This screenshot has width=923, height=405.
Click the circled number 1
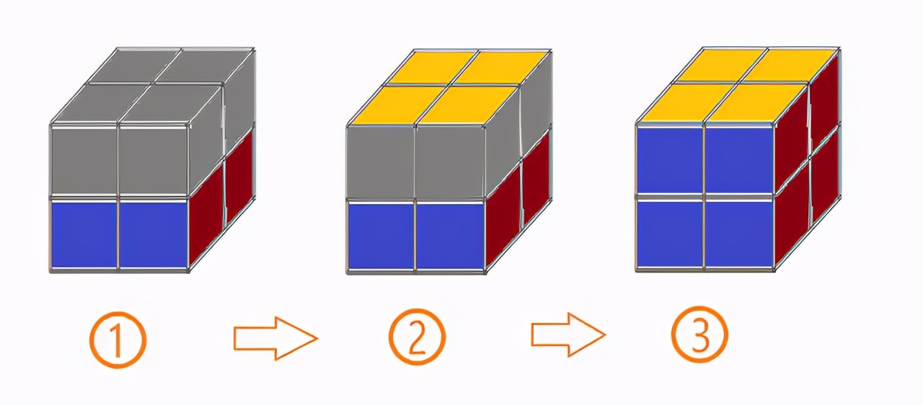[118, 339]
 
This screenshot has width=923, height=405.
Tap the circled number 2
[417, 337]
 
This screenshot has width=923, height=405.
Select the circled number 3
[699, 334]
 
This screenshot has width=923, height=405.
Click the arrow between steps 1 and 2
[275, 338]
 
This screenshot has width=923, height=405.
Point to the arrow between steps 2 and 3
[568, 334]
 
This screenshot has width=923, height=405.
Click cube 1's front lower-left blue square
[84, 234]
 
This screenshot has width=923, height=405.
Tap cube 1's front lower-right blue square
[154, 234]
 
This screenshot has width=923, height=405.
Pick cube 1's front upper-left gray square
[84, 161]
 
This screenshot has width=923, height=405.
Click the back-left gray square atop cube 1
[134, 65]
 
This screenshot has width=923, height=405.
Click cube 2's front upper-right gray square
[450, 162]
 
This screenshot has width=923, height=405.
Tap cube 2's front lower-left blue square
[381, 236]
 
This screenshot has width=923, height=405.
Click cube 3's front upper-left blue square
[670, 160]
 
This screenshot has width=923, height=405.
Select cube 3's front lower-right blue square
[739, 233]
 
